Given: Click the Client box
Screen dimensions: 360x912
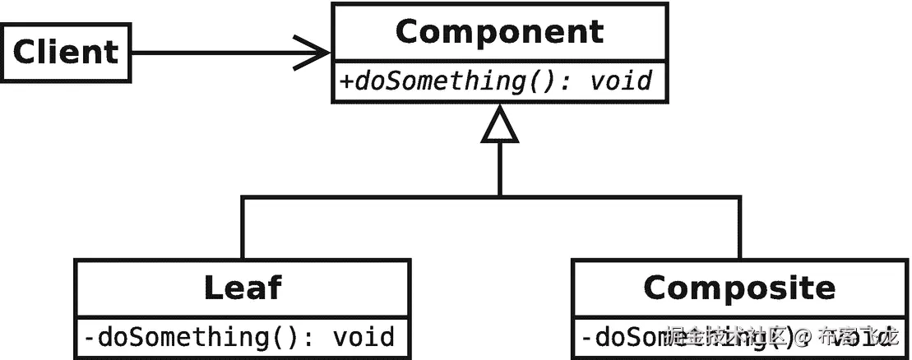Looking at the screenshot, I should coord(66,53).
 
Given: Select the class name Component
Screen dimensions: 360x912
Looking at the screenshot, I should coord(499,32).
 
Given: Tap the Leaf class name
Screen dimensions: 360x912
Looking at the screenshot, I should coord(242,288).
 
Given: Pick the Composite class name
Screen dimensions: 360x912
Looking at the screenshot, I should coord(738,288).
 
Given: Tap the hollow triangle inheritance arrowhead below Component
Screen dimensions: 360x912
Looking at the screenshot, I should coord(500,126).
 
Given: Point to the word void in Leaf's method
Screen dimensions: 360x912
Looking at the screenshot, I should coord(363,337).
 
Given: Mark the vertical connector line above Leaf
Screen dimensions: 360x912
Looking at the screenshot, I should coord(242,228).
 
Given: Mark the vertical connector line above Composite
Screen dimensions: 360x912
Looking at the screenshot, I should coord(738,228).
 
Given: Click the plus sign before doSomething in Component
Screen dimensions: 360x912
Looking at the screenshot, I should coord(345,81).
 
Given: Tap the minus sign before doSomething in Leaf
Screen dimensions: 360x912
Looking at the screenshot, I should coord(90,338).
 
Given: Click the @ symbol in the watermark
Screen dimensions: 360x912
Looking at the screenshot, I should coord(803,336).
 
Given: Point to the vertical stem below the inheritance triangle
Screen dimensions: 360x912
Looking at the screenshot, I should coord(500,168).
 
